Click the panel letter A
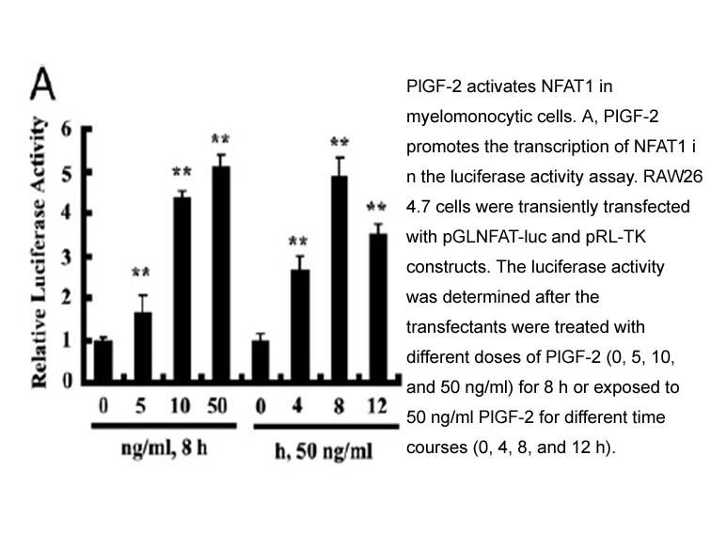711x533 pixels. pyautogui.click(x=42, y=84)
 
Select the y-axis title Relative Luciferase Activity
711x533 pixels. pyautogui.click(x=39, y=252)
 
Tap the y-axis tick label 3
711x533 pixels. pyautogui.click(x=66, y=258)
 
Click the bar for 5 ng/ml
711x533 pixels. pyautogui.click(x=143, y=347)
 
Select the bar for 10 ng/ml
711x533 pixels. pyautogui.click(x=182, y=290)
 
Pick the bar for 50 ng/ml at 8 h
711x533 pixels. pyautogui.click(x=221, y=274)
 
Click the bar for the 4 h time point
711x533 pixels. pyautogui.click(x=300, y=326)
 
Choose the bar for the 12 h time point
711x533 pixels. pyautogui.click(x=378, y=308)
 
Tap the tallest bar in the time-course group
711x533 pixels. pyautogui.click(x=340, y=279)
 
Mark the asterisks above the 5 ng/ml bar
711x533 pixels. pyautogui.click(x=140, y=272)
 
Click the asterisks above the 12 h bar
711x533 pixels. pyautogui.click(x=376, y=207)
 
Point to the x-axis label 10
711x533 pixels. pyautogui.click(x=180, y=406)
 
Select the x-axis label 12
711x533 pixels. pyautogui.click(x=377, y=406)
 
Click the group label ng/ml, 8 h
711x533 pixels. pyautogui.click(x=165, y=447)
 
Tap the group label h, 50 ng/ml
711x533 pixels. pyautogui.click(x=324, y=450)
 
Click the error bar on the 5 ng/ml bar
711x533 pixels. pyautogui.click(x=143, y=304)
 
